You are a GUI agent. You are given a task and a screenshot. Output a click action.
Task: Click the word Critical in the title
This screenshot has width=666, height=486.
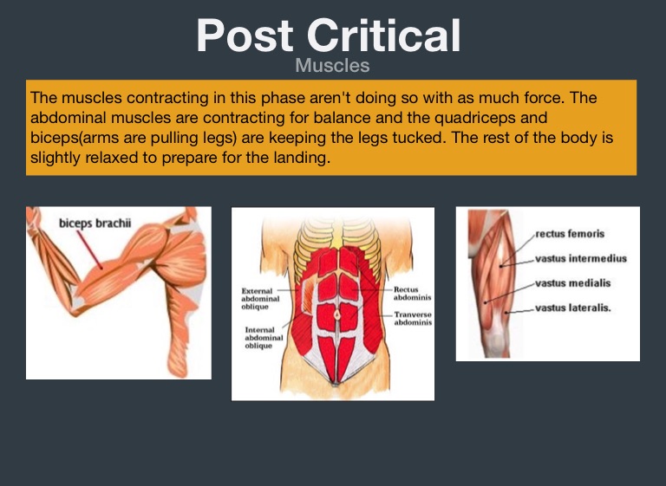click(x=383, y=36)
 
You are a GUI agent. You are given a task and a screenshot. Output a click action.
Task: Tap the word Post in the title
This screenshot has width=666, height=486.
click(x=245, y=36)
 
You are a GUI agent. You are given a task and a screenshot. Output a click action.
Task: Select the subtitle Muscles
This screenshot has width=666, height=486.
click(x=333, y=65)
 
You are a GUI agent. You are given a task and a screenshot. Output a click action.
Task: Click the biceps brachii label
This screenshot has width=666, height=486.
click(x=95, y=224)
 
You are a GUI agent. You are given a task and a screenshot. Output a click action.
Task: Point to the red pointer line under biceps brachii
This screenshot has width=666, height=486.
click(x=89, y=249)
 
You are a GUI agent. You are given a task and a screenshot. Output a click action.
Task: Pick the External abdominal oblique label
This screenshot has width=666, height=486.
click(x=260, y=298)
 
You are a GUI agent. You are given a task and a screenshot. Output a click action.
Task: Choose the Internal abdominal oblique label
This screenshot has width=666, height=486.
click(x=264, y=338)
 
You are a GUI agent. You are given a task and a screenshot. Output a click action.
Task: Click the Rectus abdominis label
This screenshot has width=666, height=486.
click(x=412, y=294)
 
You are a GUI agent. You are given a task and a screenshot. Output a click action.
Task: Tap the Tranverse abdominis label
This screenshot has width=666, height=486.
click(x=413, y=318)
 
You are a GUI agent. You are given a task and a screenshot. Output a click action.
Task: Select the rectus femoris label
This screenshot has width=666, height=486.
click(x=570, y=233)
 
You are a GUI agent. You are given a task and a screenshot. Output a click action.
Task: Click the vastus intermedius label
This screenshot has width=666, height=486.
click(x=581, y=258)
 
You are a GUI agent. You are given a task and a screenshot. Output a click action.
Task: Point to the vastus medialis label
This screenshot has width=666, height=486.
click(x=572, y=283)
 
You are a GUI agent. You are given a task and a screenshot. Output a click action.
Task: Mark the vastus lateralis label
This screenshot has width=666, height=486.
click(x=572, y=308)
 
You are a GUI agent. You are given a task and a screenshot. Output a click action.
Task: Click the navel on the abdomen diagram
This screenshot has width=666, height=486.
click(x=337, y=315)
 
